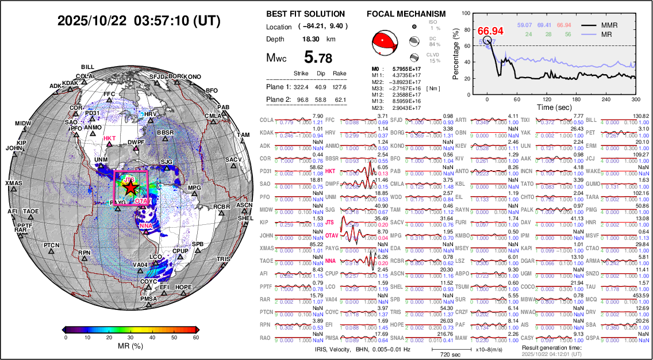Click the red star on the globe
(x=130, y=187)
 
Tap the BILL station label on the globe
(x=87, y=67)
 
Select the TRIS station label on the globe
(x=223, y=259)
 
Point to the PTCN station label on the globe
(x=52, y=246)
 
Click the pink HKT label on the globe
(x=109, y=139)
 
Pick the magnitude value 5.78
(x=318, y=58)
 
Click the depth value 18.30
(x=312, y=39)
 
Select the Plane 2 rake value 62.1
(x=340, y=99)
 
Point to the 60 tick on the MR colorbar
(x=196, y=338)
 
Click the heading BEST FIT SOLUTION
(x=306, y=14)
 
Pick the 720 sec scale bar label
(x=443, y=355)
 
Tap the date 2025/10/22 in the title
(x=93, y=21)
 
